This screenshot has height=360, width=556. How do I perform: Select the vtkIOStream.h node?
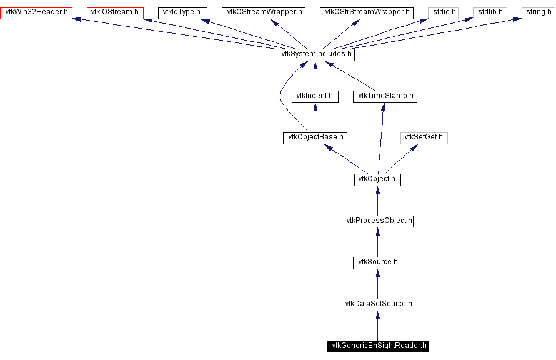click(x=115, y=12)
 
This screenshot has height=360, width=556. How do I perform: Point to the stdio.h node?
click(x=444, y=12)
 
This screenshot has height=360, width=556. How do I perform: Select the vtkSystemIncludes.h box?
click(x=315, y=54)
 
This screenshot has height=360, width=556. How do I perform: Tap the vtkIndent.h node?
click(x=315, y=96)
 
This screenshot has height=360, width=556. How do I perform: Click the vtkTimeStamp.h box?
click(x=385, y=96)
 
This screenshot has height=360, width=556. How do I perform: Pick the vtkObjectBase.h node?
click(x=314, y=137)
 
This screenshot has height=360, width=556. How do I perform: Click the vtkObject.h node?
click(x=377, y=179)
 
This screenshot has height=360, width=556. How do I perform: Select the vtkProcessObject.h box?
click(x=377, y=221)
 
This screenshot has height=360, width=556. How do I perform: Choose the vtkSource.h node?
click(x=377, y=262)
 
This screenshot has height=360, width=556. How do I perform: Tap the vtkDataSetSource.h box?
click(x=377, y=304)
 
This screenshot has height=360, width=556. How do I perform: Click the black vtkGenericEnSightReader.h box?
click(x=377, y=346)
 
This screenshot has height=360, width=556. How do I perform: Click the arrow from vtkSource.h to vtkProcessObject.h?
click(x=377, y=242)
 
